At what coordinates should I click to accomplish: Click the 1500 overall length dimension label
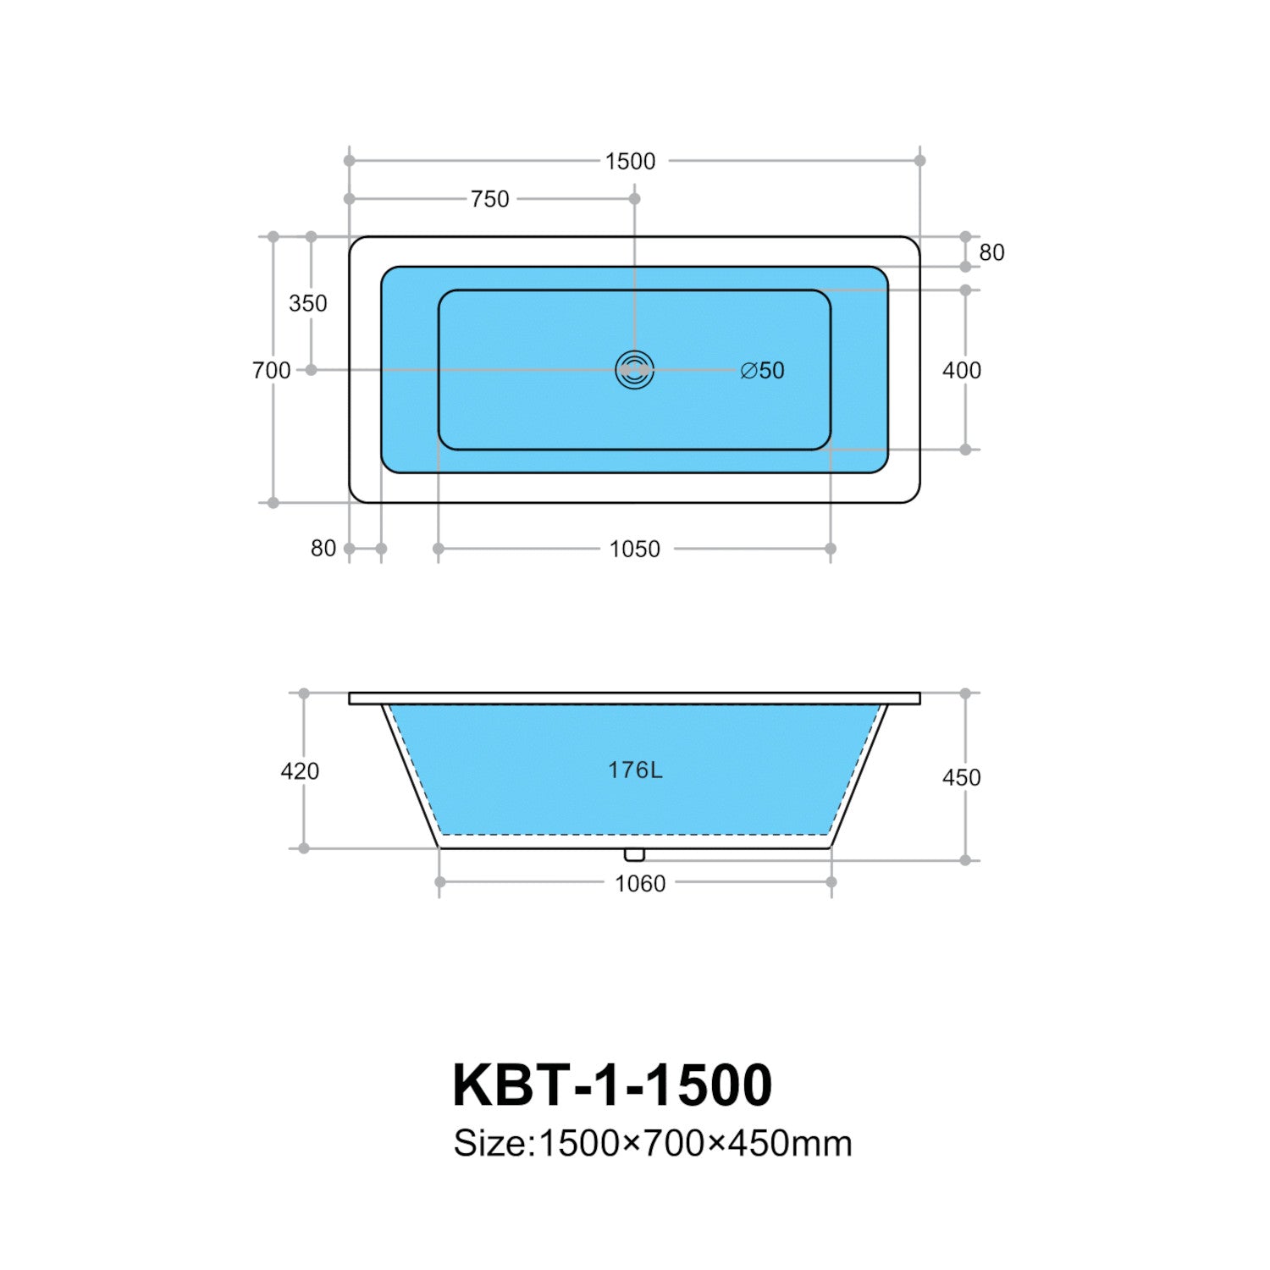coord(630,161)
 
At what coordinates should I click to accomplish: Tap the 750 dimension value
coord(490,199)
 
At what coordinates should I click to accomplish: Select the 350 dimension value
coord(307,303)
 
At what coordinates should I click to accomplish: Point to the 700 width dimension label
coord(271,370)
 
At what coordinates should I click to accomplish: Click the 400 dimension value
coord(962,370)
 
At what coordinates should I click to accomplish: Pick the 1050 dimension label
coord(635,549)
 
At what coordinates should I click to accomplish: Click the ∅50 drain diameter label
coord(762,370)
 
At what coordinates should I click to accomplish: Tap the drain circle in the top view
coord(634,370)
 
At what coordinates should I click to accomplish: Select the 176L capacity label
coord(635,770)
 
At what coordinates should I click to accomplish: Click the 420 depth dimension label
coord(300,771)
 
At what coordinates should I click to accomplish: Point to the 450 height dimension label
coord(962,777)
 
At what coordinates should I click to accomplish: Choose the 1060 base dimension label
coord(640,884)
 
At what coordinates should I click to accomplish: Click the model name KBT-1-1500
coord(612,1085)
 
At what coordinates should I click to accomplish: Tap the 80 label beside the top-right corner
coord(991,252)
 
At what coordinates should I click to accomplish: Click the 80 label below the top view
coord(323,549)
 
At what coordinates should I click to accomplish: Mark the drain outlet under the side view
coord(634,855)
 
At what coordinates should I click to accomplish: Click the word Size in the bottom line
coord(489,1144)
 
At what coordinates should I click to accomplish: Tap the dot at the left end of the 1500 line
coord(350,160)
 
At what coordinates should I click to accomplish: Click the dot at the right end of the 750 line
coord(635,199)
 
